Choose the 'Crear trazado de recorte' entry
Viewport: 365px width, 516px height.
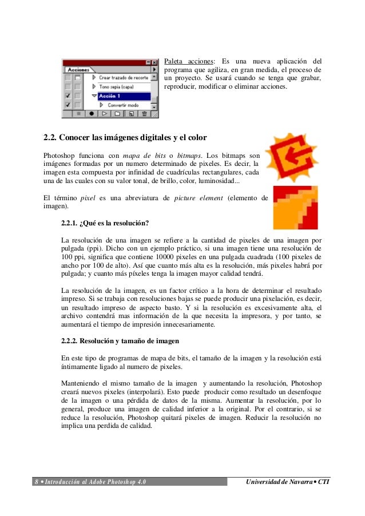tap(123, 77)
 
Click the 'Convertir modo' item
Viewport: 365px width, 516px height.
tap(123, 105)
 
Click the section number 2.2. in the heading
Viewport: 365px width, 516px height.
tap(53, 138)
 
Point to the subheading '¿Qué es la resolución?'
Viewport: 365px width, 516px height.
tap(115, 223)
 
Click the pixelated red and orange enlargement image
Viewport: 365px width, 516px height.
tap(295, 207)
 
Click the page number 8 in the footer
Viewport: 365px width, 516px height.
tap(36, 482)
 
